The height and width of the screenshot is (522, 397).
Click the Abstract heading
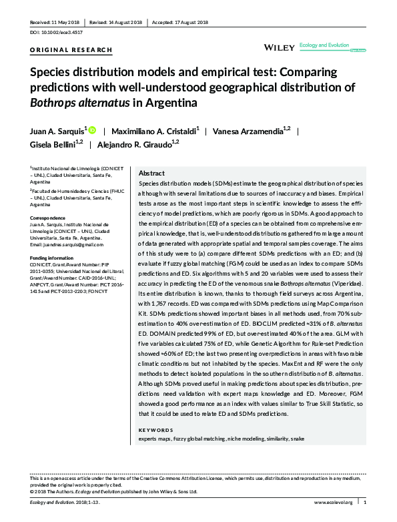click(151, 172)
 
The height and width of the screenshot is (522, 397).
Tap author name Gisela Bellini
click(53, 144)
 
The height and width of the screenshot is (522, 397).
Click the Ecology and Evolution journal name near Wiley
click(325, 45)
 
